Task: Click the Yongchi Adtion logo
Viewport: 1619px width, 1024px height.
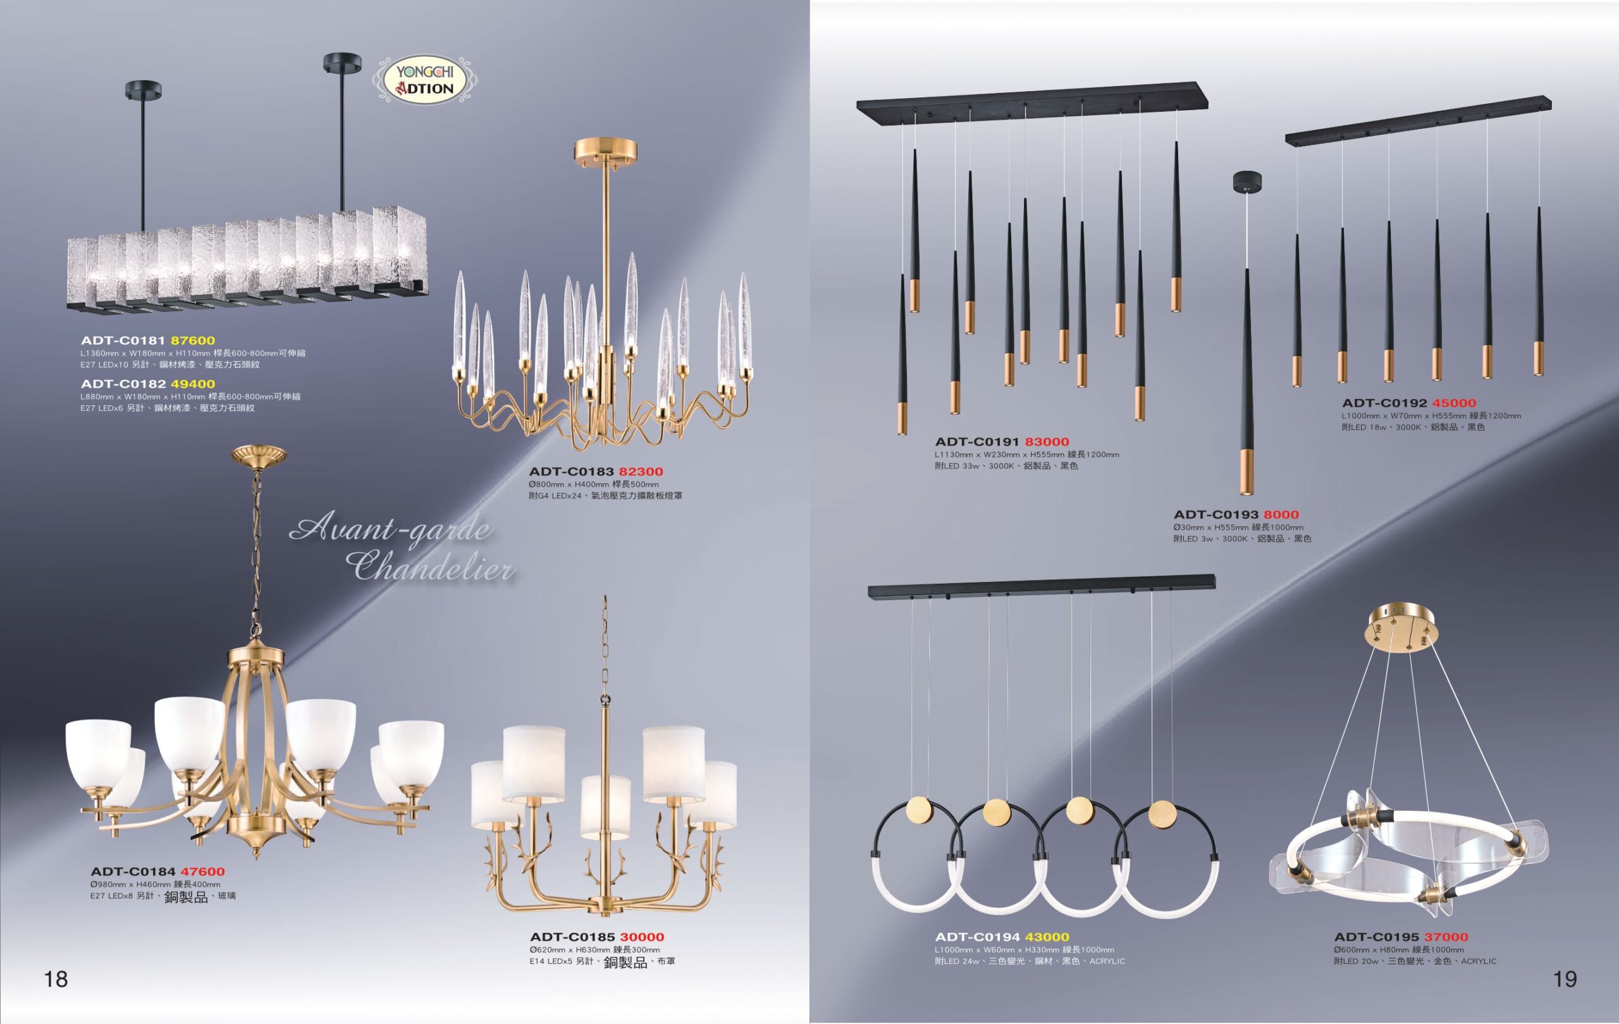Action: pyautogui.click(x=425, y=79)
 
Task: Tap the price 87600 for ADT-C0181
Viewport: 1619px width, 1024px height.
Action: pyautogui.click(x=192, y=341)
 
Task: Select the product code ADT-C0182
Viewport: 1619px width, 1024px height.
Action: pyautogui.click(x=123, y=384)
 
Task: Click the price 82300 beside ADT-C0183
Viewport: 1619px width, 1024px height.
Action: pyautogui.click(x=641, y=472)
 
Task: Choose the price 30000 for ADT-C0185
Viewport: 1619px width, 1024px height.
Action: pyautogui.click(x=642, y=937)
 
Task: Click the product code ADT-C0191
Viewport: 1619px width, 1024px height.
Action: pyautogui.click(x=978, y=442)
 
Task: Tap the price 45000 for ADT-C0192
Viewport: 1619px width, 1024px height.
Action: pyautogui.click(x=1453, y=404)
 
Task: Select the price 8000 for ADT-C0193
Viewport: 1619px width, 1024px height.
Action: pyautogui.click(x=1281, y=515)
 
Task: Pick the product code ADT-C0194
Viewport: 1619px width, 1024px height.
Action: pyautogui.click(x=978, y=937)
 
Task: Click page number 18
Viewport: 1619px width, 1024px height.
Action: pyautogui.click(x=56, y=979)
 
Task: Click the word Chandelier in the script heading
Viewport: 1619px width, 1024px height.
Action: pyautogui.click(x=434, y=566)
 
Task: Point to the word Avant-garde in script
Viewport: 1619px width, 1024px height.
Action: pyautogui.click(x=391, y=530)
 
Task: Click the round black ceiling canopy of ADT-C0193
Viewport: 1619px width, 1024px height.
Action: pyautogui.click(x=1247, y=181)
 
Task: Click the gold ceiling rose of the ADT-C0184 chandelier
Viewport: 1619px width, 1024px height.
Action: pyautogui.click(x=258, y=455)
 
